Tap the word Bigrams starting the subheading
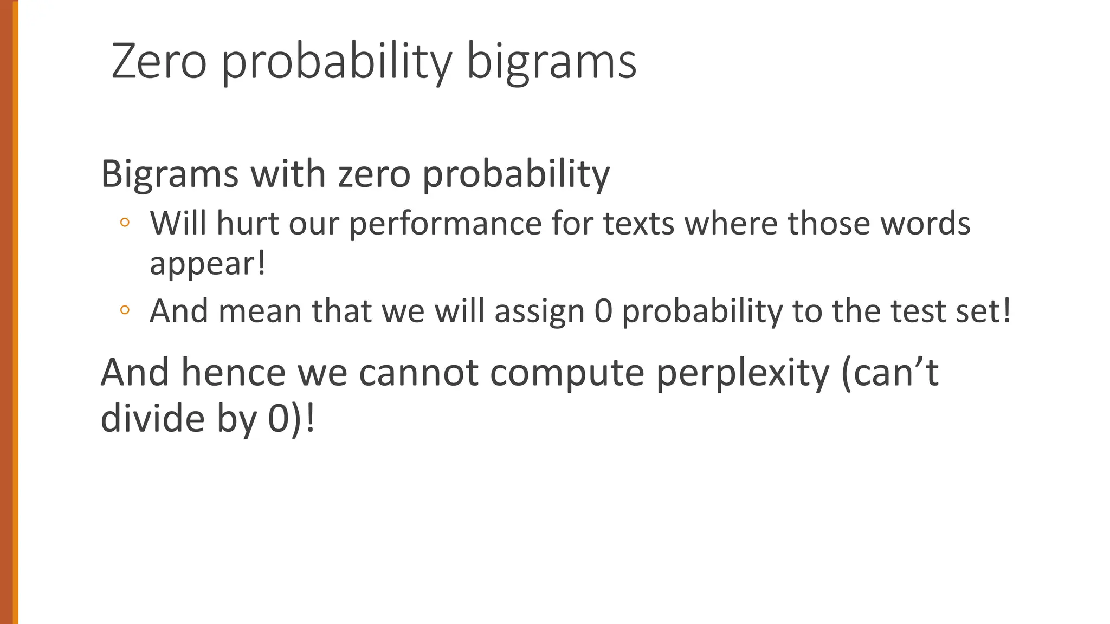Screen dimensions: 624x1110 (170, 174)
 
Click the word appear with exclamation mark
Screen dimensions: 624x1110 (208, 264)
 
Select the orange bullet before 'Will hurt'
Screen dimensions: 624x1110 (125, 222)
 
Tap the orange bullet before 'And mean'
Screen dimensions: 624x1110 (125, 310)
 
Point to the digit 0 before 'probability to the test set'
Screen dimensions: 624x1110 (603, 311)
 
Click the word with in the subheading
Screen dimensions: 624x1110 (288, 174)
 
